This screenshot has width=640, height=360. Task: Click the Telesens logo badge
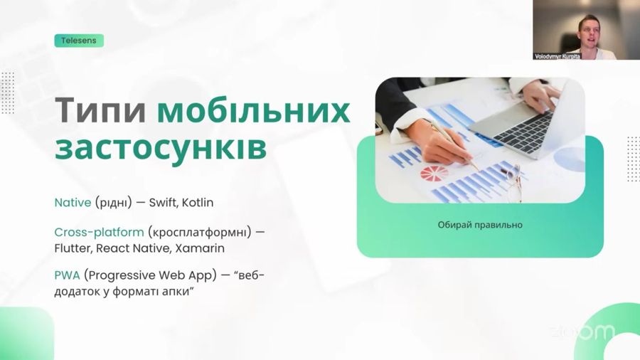click(79, 41)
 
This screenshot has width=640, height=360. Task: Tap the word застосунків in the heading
click(161, 147)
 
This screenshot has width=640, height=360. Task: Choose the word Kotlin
click(198, 203)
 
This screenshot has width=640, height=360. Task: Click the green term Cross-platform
click(99, 233)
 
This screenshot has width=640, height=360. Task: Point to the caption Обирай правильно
click(480, 225)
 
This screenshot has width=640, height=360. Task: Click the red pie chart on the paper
click(434, 173)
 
